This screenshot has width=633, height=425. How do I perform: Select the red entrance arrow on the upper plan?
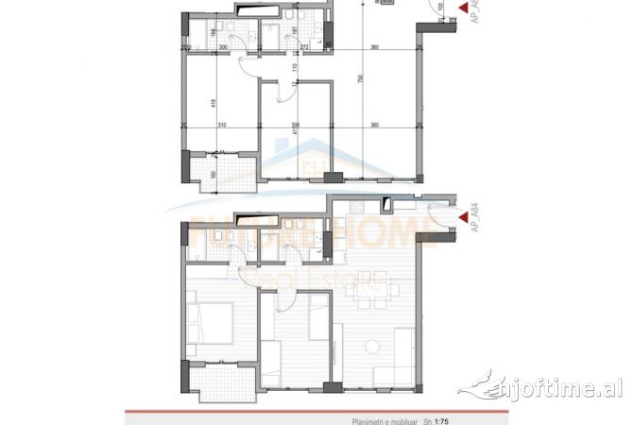click(x=463, y=9)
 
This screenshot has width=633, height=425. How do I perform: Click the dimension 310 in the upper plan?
click(x=220, y=125)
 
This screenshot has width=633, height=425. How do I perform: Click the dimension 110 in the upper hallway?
click(x=295, y=68)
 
